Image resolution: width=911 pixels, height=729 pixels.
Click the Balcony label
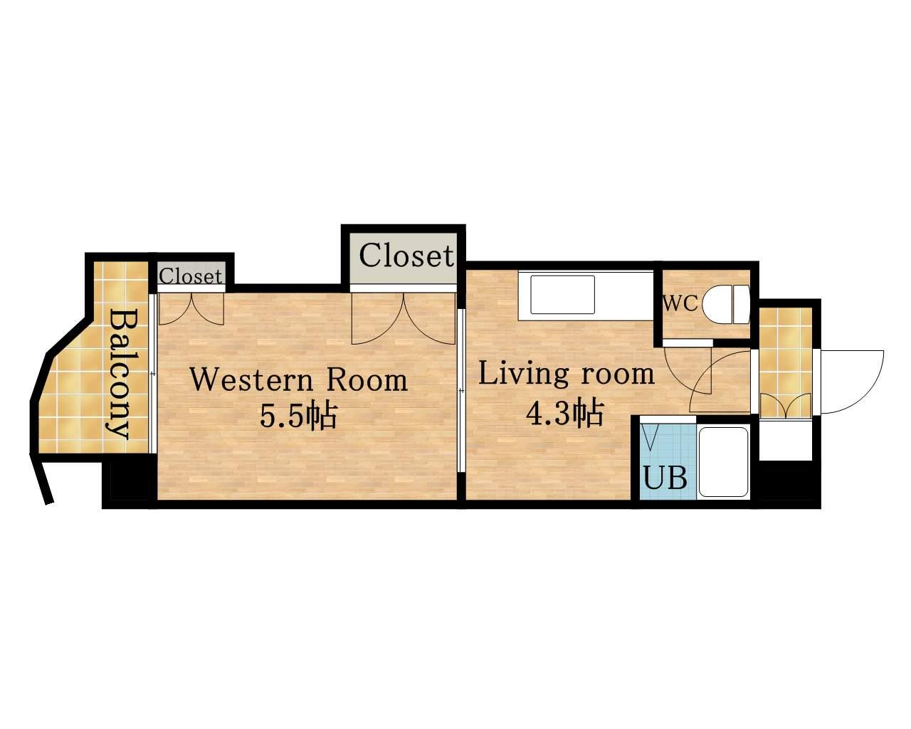coord(119,374)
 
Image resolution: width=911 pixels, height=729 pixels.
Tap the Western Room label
coord(299,379)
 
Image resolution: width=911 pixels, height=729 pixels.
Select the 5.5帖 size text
coord(298,416)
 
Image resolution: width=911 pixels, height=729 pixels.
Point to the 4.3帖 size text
coord(564,414)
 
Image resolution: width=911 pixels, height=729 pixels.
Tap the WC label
coord(680,303)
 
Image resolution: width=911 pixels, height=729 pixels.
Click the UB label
coord(665,478)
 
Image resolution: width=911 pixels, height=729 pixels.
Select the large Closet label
coord(406,256)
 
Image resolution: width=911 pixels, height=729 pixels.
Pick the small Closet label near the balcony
coord(191,277)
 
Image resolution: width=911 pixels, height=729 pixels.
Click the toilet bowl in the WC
coord(725,305)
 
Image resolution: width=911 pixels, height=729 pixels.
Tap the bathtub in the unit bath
coord(722,462)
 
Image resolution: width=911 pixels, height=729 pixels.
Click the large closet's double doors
coord(404,318)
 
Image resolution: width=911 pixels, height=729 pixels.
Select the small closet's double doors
coord(191,309)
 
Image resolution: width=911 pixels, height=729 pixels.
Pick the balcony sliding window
coord(153,374)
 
